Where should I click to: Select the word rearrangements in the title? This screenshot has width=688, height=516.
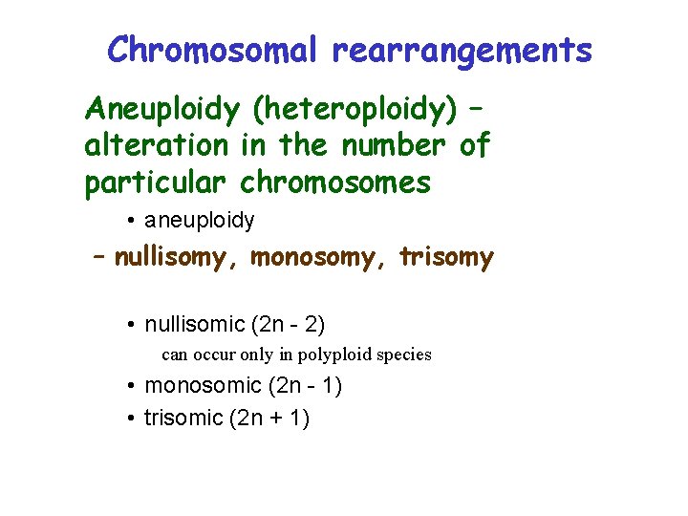click(462, 49)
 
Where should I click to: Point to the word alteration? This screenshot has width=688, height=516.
click(157, 145)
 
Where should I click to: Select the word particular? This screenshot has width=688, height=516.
click(157, 182)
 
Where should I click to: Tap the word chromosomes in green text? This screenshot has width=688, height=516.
click(335, 182)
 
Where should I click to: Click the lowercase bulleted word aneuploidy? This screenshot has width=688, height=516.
click(199, 221)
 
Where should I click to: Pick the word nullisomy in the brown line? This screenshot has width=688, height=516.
click(178, 258)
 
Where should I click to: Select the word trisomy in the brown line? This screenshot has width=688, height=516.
click(446, 258)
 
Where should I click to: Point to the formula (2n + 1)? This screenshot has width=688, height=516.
click(270, 418)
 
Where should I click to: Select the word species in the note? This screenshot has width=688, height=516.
click(404, 355)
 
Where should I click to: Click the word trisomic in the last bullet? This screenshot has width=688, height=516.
click(183, 418)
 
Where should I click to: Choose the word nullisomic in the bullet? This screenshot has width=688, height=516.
click(195, 325)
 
